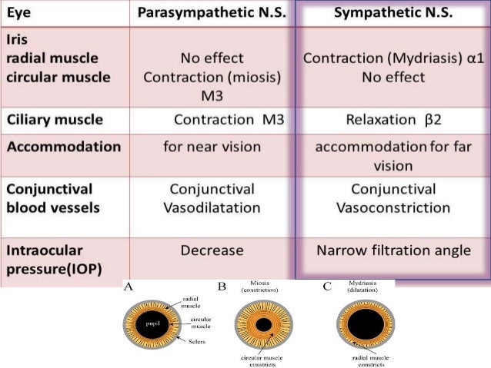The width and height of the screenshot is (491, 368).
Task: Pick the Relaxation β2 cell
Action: coord(393,121)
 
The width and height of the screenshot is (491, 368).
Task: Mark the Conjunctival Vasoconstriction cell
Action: coord(393,198)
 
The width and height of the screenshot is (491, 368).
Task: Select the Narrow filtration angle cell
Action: coord(393,250)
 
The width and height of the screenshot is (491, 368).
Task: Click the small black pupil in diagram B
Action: coord(263,325)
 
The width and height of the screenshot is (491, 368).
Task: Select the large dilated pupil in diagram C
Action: coord(361,325)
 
